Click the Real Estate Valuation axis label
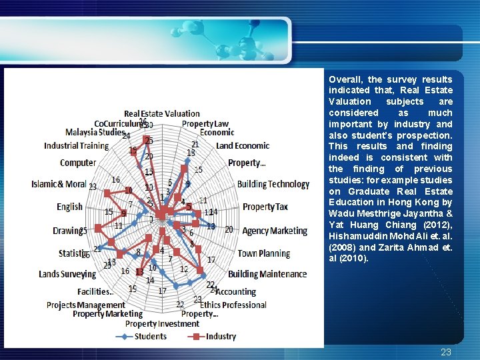click(x=162, y=113)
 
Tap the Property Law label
click(x=205, y=123)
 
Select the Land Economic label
click(x=243, y=145)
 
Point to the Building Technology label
click(x=273, y=184)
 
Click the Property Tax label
click(x=265, y=207)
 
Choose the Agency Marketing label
click(x=275, y=231)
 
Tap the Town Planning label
click(x=263, y=253)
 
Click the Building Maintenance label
click(x=267, y=274)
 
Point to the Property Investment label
click(x=162, y=323)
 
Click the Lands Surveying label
click(x=67, y=274)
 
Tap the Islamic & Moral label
click(x=59, y=184)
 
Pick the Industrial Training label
click(x=76, y=145)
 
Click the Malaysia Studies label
click(x=95, y=132)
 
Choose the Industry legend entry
click(x=221, y=336)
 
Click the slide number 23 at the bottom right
click(x=446, y=352)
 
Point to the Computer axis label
click(x=78, y=163)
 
